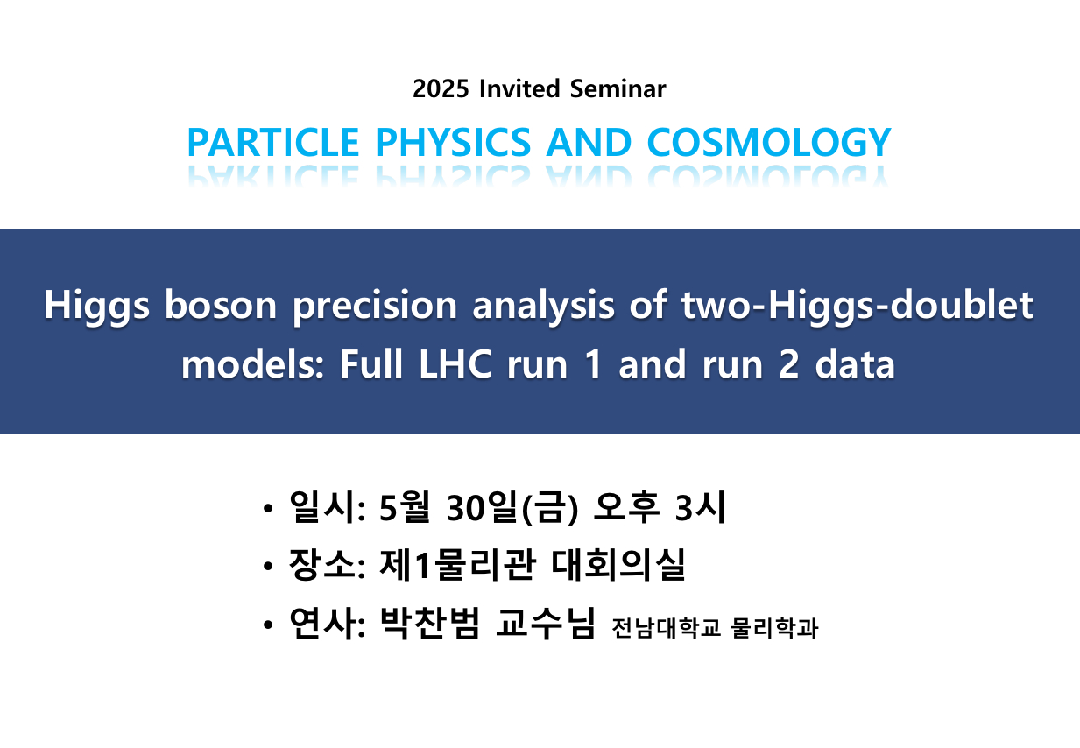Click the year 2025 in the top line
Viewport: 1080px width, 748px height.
click(x=441, y=89)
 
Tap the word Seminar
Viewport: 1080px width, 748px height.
click(x=618, y=89)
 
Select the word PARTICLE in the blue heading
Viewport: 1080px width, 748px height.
click(x=273, y=142)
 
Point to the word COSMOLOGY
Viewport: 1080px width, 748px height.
click(x=769, y=142)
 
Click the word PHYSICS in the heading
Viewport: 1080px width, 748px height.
click(x=453, y=142)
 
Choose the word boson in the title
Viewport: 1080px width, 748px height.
click(x=221, y=306)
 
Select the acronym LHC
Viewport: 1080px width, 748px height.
click(x=455, y=364)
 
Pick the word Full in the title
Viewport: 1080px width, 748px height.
click(x=371, y=363)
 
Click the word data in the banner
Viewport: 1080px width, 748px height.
click(x=855, y=364)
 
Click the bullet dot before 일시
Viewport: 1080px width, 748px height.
click(x=268, y=508)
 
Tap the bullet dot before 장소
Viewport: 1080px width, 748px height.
click(x=268, y=566)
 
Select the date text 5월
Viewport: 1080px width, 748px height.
click(x=404, y=507)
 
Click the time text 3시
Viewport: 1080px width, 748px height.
click(x=700, y=507)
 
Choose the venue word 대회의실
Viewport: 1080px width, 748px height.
click(x=618, y=564)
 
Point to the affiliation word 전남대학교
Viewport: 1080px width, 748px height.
click(x=666, y=628)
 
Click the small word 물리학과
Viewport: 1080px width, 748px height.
click(x=775, y=628)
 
